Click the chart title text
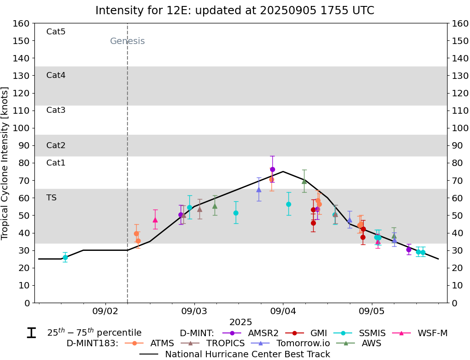(235, 11)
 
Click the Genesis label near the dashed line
(127, 41)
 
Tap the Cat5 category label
(56, 32)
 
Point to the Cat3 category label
(56, 110)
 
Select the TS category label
(51, 198)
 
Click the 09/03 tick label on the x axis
(194, 310)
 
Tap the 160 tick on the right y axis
(459, 23)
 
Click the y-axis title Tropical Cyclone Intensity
(5, 163)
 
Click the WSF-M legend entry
(432, 333)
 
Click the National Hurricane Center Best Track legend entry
(247, 354)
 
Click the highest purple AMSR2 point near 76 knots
(272, 169)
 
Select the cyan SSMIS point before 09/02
(65, 257)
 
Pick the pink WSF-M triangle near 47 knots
(155, 220)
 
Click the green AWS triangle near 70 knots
(304, 181)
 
